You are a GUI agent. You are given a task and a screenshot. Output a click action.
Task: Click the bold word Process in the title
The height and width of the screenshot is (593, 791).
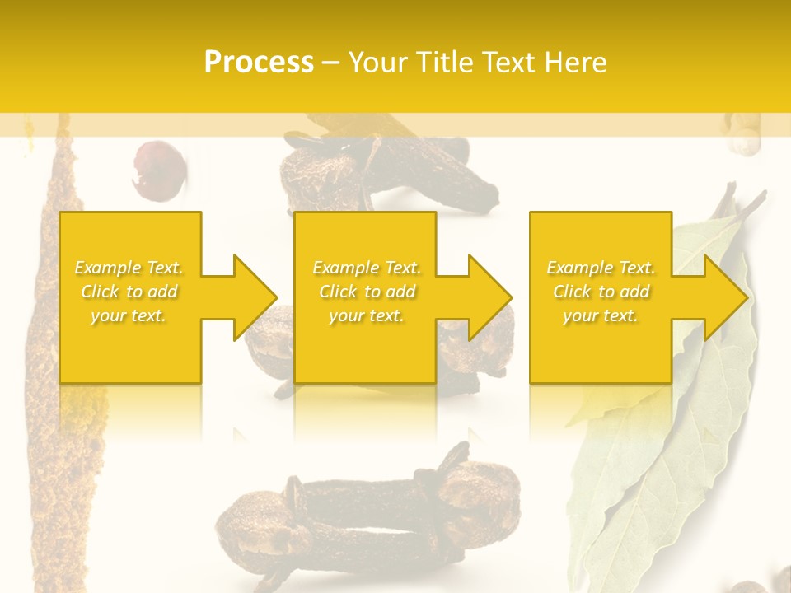pyautogui.click(x=259, y=63)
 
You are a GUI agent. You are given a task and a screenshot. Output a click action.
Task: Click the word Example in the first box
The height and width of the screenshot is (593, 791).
pyautogui.click(x=107, y=268)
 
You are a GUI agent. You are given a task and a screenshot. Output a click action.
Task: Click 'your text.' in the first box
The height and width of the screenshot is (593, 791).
pyautogui.click(x=129, y=315)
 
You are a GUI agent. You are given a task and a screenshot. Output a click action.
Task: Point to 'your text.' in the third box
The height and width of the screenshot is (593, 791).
pyautogui.click(x=601, y=315)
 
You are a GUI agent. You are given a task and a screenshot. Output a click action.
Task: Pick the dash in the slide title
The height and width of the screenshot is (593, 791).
pyautogui.click(x=330, y=63)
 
